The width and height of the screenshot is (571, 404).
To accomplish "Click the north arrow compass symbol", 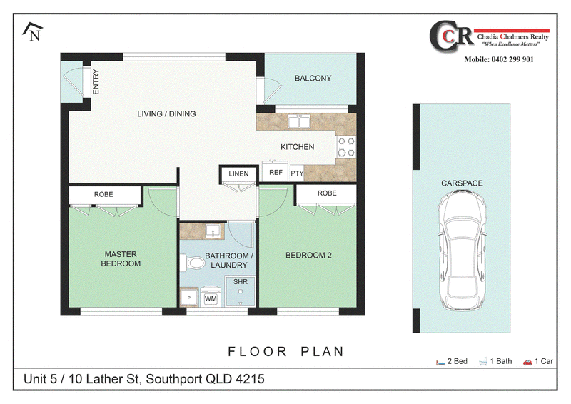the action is click(x=33, y=31).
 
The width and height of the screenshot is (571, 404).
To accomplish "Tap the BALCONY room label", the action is click(x=313, y=78).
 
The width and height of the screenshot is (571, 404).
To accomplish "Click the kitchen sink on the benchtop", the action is click(x=299, y=121).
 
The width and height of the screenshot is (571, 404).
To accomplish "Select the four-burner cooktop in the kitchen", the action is click(x=346, y=147).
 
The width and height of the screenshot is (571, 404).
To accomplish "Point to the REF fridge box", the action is click(x=276, y=171).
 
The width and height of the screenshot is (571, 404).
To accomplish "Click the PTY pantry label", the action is click(x=297, y=173).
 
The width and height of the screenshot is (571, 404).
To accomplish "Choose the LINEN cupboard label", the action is click(x=238, y=173).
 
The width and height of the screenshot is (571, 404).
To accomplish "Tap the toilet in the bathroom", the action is click(x=193, y=263).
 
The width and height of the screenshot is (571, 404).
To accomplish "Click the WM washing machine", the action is click(x=211, y=298).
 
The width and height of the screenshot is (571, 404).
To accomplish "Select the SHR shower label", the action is click(x=241, y=282).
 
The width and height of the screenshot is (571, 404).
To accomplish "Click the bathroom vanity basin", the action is click(x=213, y=231).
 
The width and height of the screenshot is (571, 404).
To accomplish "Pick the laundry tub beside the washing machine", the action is click(x=189, y=297).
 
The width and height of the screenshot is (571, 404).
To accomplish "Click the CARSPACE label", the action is click(x=462, y=183).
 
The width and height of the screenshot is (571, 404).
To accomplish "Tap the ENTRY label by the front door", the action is click(x=96, y=81).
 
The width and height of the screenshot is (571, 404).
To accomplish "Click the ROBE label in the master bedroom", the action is click(x=103, y=195).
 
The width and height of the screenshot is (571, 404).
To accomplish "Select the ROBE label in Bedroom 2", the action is click(x=327, y=193).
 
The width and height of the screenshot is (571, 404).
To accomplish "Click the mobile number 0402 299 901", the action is click(x=512, y=59).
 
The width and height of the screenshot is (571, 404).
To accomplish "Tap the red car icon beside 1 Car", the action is click(x=527, y=362).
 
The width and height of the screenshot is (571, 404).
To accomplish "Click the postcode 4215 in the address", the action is click(x=250, y=379).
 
